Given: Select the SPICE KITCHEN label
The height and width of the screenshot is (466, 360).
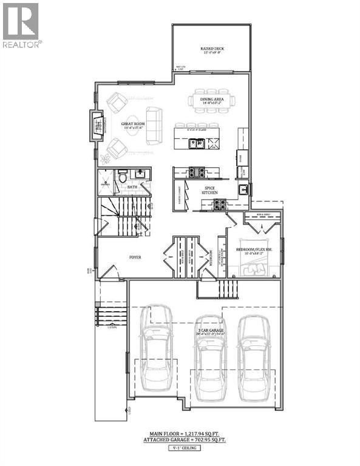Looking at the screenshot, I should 209,191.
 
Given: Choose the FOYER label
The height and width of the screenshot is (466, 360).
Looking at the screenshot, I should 135,257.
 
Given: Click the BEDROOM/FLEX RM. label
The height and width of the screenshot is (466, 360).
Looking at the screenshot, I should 254,249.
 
